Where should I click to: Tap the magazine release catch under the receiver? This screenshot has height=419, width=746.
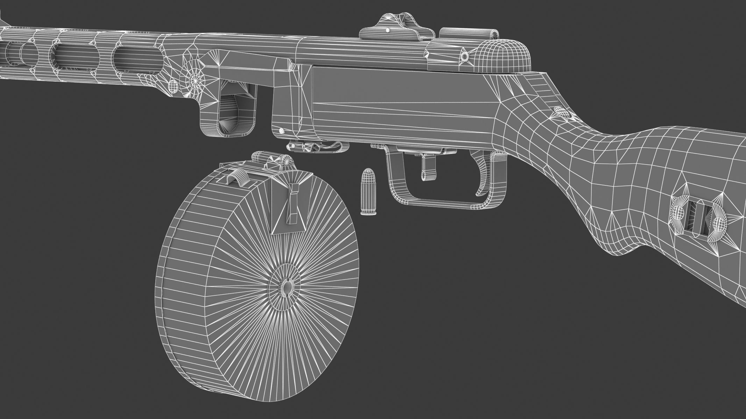click(x=317, y=147)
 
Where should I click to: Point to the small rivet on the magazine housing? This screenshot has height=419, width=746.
click(x=281, y=131)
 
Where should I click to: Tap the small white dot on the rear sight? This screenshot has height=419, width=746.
click(x=388, y=31)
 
